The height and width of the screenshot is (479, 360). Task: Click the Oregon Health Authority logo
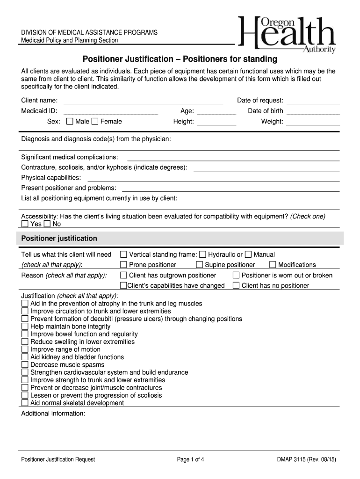(287, 35)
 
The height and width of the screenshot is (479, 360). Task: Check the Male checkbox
(70, 122)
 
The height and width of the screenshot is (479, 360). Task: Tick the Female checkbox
(95, 122)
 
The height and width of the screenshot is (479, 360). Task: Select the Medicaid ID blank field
(111, 111)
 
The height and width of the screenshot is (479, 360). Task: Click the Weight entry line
(313, 122)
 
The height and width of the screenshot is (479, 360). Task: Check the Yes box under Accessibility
(25, 224)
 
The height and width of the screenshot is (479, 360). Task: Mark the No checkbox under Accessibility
(47, 224)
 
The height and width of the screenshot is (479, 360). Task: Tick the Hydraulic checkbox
(202, 254)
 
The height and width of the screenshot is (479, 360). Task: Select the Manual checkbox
(248, 254)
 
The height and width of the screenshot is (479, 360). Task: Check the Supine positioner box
(200, 265)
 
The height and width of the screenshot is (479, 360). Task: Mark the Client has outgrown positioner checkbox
(123, 275)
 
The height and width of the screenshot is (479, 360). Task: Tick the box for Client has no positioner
(237, 285)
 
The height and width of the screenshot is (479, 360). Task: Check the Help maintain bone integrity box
(25, 327)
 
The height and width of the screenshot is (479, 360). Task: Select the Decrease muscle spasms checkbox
(25, 365)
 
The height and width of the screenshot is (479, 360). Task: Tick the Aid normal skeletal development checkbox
(25, 403)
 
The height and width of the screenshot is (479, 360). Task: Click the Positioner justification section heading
(59, 239)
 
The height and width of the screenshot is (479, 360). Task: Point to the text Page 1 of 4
(191, 459)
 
